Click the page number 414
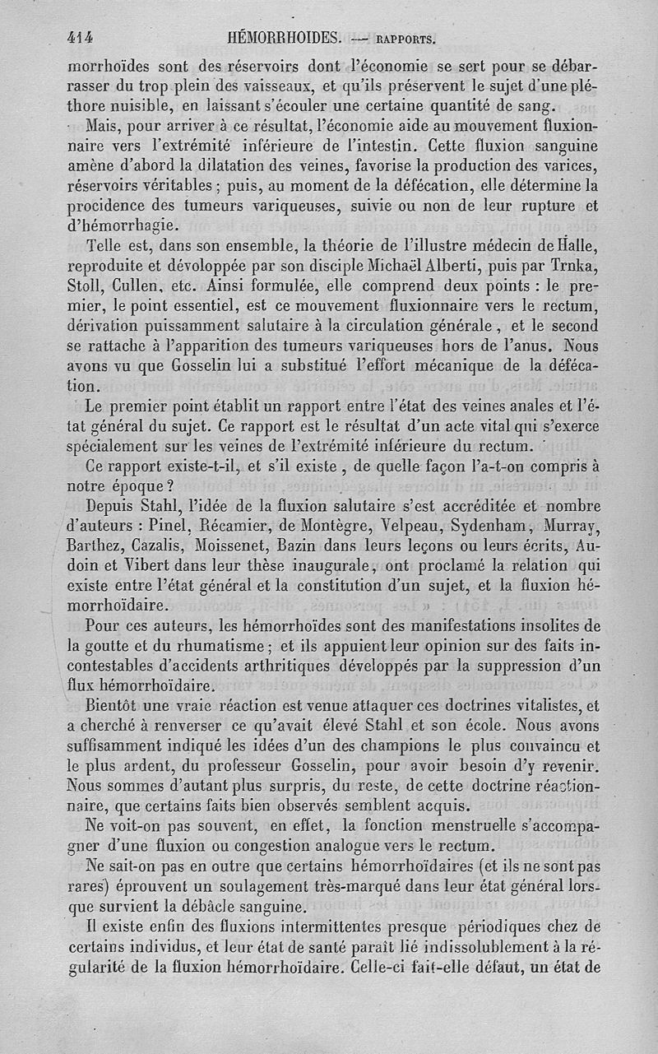click(x=82, y=37)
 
